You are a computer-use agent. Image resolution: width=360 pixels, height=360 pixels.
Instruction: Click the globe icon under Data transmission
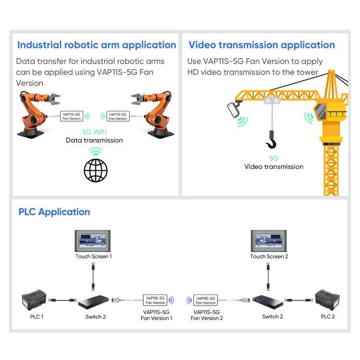(x=96, y=170)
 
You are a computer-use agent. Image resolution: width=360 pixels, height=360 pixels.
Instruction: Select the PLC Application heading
(x=54, y=212)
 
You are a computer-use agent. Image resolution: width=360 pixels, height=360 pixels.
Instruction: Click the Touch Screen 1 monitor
(x=93, y=241)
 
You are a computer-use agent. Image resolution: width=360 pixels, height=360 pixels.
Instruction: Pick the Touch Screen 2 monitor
(x=269, y=241)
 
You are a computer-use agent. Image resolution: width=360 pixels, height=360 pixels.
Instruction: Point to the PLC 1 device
(x=34, y=300)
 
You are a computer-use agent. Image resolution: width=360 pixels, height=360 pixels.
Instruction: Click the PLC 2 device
(x=327, y=300)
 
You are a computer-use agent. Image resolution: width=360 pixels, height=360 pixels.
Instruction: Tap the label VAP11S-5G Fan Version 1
(x=156, y=315)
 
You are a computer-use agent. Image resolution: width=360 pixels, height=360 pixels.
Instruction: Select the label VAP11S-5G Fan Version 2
(x=206, y=315)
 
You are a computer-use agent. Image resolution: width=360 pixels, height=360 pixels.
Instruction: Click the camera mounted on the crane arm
(x=233, y=109)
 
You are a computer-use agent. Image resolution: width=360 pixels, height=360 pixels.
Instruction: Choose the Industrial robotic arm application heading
(x=96, y=45)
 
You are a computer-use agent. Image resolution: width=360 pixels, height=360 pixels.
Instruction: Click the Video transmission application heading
(x=262, y=45)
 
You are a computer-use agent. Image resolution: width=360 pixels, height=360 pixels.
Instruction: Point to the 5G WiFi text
(x=95, y=132)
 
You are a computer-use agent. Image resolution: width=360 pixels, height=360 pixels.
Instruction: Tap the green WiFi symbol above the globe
(x=96, y=151)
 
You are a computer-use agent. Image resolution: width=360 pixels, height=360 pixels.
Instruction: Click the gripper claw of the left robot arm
(x=55, y=99)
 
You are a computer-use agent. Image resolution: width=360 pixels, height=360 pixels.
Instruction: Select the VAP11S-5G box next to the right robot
(x=118, y=116)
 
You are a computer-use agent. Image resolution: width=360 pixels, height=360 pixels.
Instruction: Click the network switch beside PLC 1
(x=94, y=302)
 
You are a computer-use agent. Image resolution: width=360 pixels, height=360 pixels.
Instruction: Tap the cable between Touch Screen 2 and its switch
(x=268, y=277)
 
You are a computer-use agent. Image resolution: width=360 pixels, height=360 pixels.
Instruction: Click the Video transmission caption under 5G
(x=274, y=167)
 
